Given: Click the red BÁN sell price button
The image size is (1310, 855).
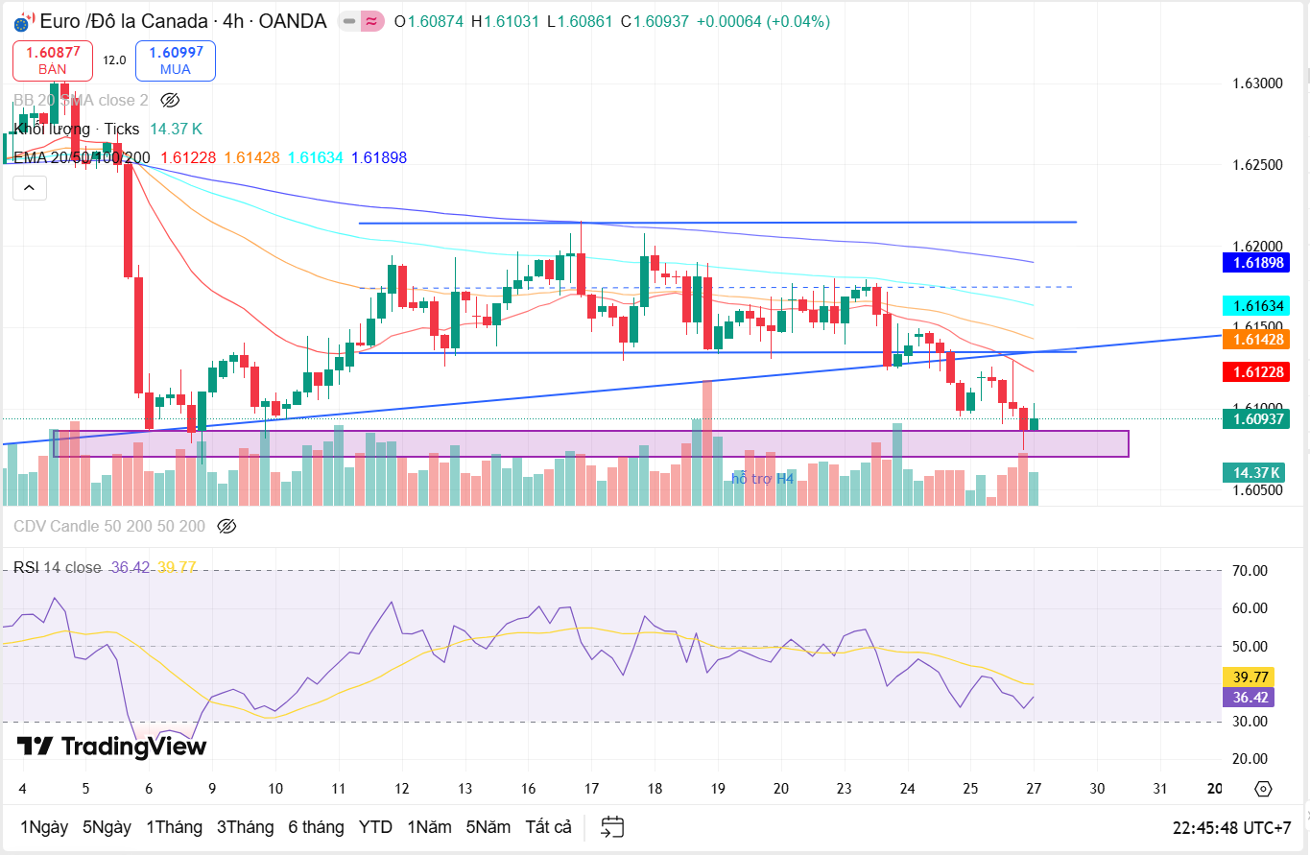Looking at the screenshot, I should coord(53,60).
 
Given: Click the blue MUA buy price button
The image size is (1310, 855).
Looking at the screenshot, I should coord(176,60).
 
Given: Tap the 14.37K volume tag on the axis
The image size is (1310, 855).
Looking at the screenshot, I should coord(1254,472).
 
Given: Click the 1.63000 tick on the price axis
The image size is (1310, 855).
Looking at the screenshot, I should coord(1257,83).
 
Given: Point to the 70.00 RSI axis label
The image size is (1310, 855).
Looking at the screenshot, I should coord(1250,571).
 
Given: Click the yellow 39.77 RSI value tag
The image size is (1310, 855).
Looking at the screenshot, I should coord(1247,677).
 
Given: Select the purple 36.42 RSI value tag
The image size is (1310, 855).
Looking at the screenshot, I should coord(1247,698).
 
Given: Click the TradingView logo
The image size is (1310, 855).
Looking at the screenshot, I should coord(111,746).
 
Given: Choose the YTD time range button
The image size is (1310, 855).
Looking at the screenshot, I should coord(375,826).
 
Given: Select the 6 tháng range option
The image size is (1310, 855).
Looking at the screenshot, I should coord(316,826).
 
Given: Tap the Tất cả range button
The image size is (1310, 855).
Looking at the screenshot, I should coord(548,826).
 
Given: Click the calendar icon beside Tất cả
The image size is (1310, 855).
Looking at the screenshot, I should coord(612,826).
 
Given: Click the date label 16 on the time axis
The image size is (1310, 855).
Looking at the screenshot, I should coord(528,789).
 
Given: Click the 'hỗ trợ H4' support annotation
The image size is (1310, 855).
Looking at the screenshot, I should coord(763,478).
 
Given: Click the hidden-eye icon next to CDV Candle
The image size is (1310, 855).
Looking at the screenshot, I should coord(226,526).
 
